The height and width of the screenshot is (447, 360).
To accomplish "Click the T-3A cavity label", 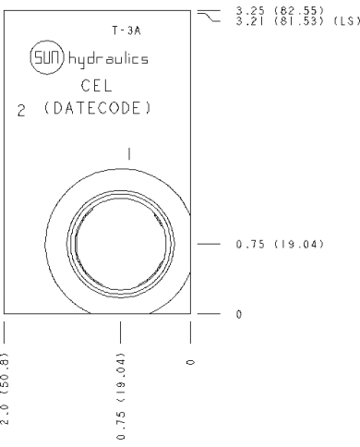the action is (126, 30).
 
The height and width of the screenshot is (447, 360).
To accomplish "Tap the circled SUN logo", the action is (47, 57).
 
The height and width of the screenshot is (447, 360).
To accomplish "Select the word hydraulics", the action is (108, 58).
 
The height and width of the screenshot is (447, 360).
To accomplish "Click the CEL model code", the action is (96, 86).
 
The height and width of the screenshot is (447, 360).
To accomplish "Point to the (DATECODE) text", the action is (98, 108).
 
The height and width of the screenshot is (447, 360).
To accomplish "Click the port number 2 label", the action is (21, 111).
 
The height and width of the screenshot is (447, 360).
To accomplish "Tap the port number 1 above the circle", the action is (129, 154).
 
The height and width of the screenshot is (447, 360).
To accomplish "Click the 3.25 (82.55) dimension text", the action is (280, 11).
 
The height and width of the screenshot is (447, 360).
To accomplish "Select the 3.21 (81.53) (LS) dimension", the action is (298, 21).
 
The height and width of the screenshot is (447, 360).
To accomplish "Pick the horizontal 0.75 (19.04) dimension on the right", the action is (280, 244).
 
